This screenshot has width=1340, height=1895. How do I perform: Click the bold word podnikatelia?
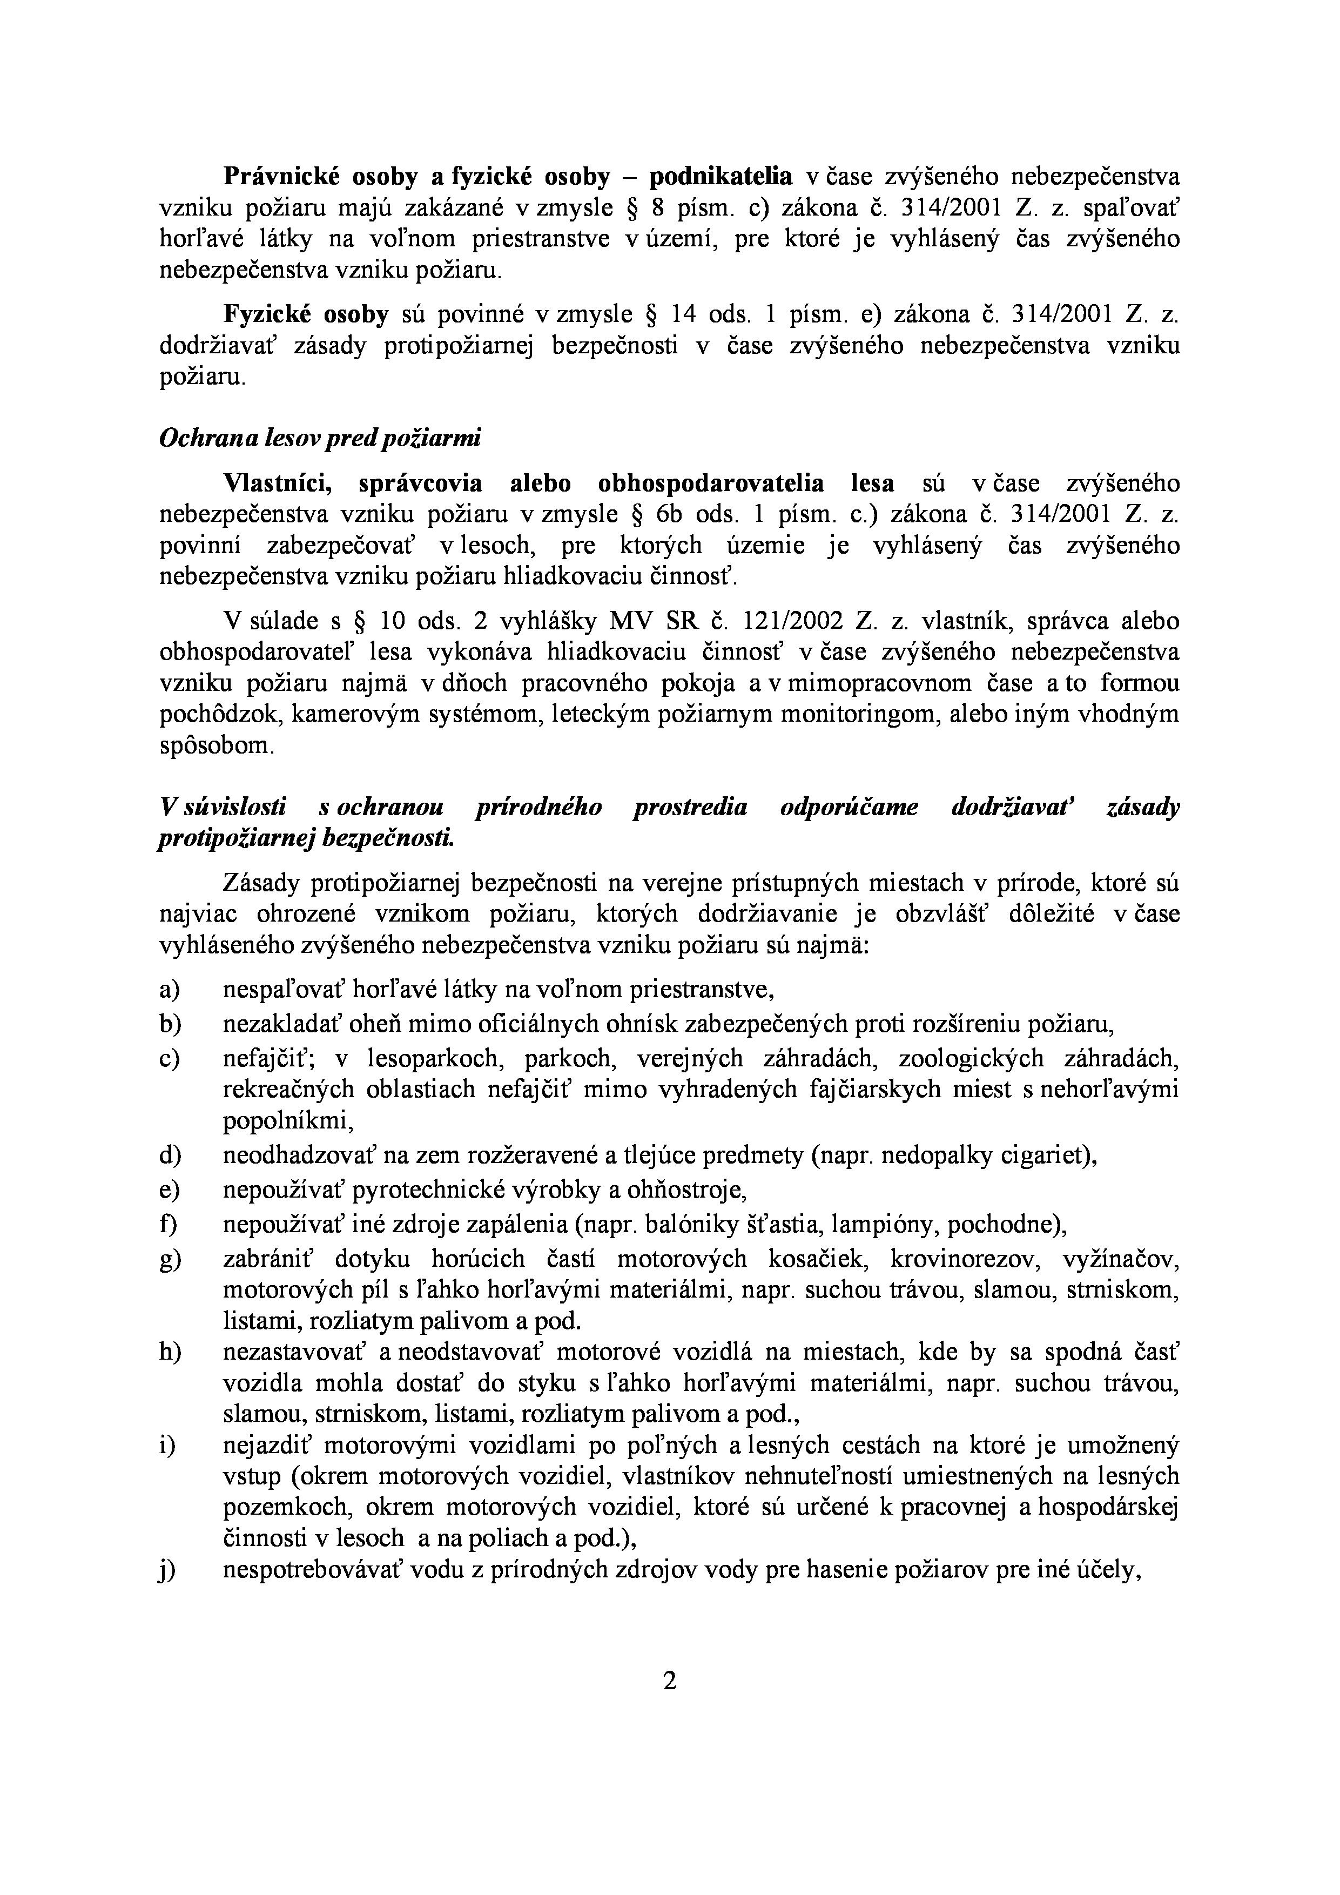point(720,177)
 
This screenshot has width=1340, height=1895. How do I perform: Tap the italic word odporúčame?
point(849,807)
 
